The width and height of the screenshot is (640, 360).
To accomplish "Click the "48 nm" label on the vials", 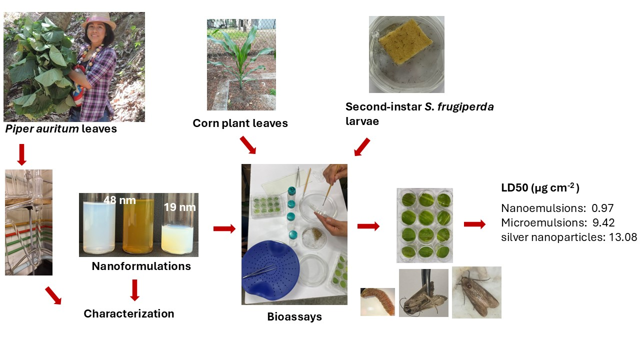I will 119,200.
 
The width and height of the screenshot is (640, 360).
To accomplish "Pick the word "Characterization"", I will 129,314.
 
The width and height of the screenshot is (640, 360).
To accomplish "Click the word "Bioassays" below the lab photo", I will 294,316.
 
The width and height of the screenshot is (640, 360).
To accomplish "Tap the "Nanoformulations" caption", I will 141,266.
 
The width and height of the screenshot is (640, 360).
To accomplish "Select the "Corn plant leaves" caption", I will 240,123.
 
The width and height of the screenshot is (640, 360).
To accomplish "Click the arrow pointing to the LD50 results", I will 474,224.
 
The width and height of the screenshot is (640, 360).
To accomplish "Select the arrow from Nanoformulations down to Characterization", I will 134,290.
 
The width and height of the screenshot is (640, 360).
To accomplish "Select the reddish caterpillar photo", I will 377,301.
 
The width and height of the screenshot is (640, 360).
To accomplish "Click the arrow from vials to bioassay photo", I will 224,228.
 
